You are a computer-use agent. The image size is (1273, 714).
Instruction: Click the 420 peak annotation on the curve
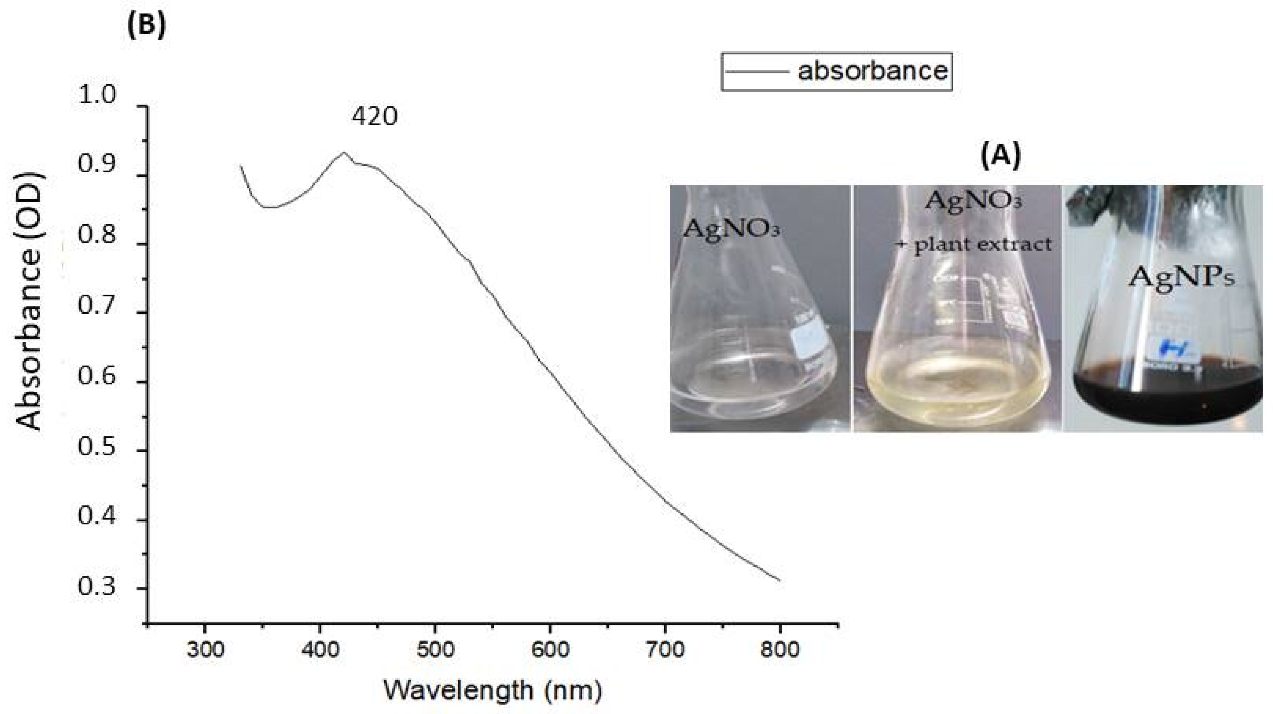point(374,117)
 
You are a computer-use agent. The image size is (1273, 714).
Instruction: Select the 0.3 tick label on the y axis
point(97,587)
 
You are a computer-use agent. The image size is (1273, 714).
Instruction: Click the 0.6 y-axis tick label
point(97,377)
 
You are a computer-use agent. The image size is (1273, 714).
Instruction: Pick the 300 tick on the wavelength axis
point(205,649)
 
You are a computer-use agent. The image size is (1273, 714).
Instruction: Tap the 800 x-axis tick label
point(780,649)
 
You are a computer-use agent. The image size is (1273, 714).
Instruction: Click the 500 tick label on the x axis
point(435,649)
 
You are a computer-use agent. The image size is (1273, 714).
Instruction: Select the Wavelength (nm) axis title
point(493,690)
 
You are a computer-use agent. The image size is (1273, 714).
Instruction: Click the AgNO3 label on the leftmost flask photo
point(731,229)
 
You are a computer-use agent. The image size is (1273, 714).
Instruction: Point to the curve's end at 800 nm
point(779,581)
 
